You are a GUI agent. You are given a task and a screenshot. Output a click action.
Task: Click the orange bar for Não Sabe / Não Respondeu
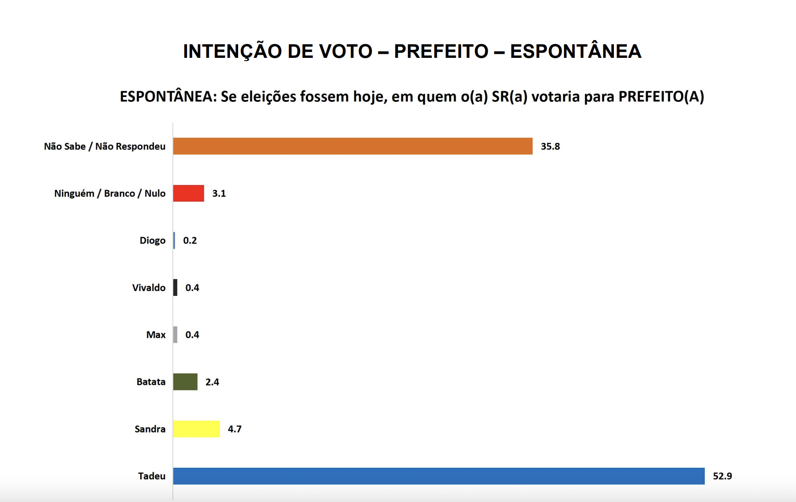pos(353,146)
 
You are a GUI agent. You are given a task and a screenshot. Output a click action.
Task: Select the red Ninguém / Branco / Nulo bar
pos(188,193)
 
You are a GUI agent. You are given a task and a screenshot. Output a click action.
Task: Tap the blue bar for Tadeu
pos(439,476)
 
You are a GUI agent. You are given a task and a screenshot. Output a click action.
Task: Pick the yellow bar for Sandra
pos(196,429)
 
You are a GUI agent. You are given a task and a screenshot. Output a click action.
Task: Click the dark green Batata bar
pos(185,382)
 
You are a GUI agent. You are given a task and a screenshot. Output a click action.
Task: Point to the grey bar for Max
pos(175,335)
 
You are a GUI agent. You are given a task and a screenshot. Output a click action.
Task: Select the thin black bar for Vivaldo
pos(175,287)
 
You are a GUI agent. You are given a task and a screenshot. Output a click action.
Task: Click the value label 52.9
pos(722,476)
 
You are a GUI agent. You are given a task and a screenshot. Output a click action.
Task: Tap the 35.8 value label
pos(550,146)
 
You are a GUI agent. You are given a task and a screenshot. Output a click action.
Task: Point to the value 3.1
pos(219,193)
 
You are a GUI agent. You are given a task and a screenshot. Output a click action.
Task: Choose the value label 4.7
pos(235,429)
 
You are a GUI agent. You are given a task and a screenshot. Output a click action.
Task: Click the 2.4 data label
pos(212,382)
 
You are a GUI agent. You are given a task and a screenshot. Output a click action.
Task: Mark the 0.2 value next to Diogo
pos(190,240)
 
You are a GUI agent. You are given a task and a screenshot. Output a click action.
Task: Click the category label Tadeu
pos(152,476)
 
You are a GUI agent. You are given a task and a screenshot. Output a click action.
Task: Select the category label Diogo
pos(152,240)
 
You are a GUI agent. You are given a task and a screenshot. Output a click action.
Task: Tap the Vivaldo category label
pos(149,287)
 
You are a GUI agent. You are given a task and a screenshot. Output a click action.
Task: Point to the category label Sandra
pos(150,429)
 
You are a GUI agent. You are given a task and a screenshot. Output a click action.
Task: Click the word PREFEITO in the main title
pos(441,51)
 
